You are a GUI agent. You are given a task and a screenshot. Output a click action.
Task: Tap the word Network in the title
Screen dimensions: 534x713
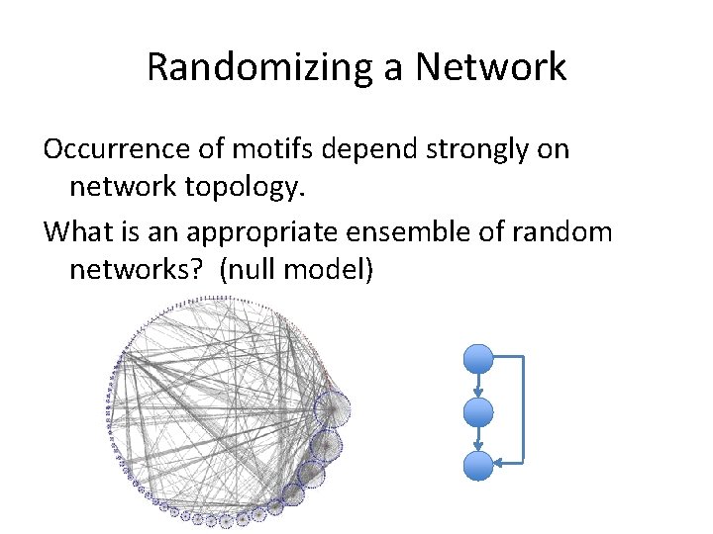[x=490, y=67]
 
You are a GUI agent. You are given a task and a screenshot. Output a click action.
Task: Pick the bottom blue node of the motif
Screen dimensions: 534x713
[x=478, y=463]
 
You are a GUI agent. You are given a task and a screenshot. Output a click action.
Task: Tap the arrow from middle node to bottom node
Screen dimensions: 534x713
[x=478, y=437]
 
